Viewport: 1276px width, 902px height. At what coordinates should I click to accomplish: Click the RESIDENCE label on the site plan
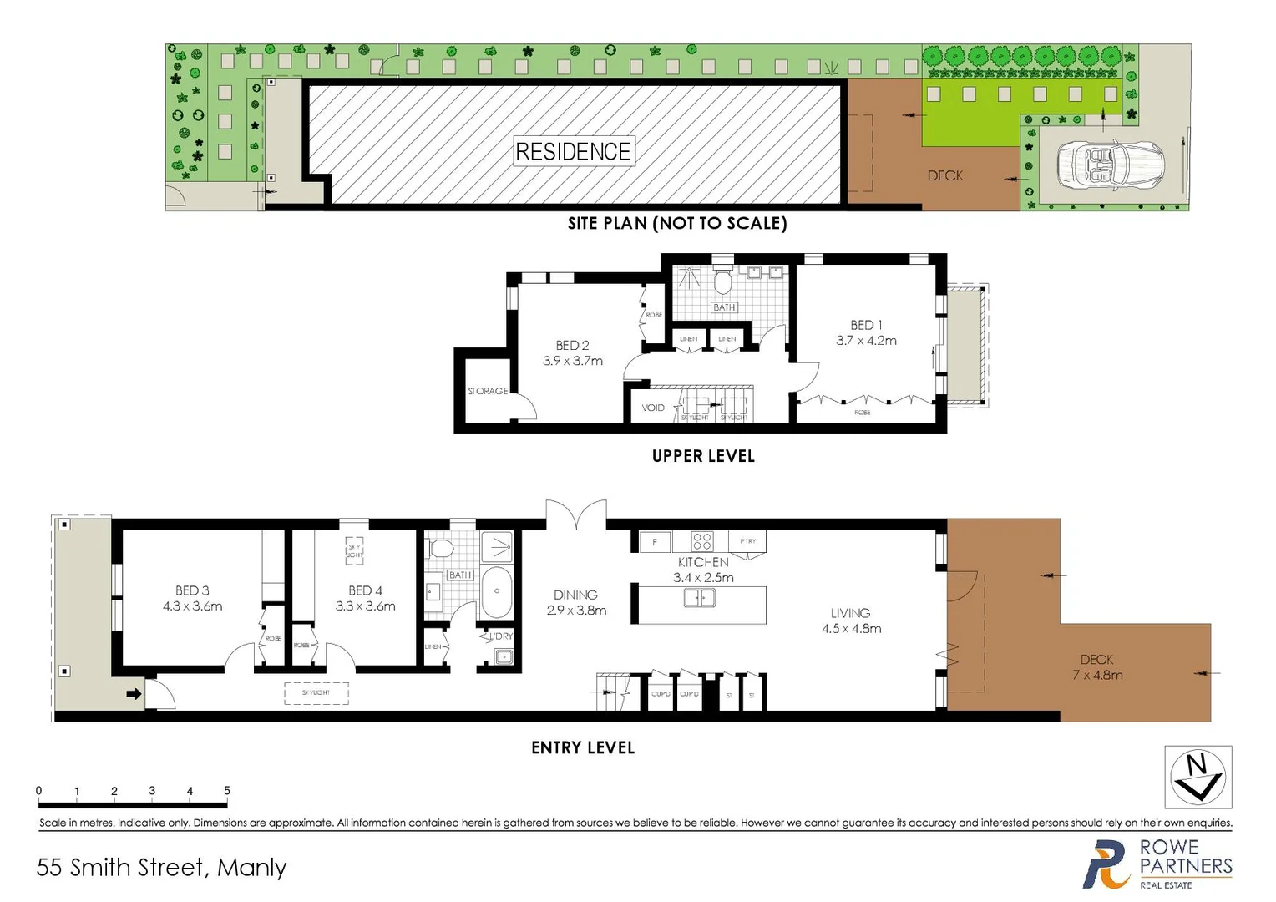pos(574,151)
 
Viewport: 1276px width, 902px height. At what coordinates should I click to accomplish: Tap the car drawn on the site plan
pos(1110,165)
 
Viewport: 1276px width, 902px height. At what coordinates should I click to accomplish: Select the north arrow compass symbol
pos(1198,777)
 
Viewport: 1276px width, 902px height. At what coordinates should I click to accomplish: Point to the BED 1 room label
pos(866,325)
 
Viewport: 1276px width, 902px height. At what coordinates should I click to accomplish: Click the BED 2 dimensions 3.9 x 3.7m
pos(573,361)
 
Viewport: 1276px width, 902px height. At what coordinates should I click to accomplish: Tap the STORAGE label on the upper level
pos(488,391)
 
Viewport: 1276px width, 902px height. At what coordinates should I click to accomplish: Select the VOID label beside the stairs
pos(653,408)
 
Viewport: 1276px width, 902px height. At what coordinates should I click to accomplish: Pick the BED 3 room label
pos(192,590)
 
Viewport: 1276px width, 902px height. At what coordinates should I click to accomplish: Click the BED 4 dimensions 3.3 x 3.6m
pos(365,606)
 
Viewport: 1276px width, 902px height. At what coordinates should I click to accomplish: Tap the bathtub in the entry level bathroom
pos(497,591)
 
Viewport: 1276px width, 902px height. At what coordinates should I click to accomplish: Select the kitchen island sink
pos(699,598)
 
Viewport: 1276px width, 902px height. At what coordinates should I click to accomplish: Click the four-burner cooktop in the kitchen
pos(702,541)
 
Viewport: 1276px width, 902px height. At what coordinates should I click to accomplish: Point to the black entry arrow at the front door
pos(134,694)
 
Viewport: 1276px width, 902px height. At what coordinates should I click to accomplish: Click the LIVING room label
pos(850,613)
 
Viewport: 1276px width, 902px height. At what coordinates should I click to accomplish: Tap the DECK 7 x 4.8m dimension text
pos(1097,675)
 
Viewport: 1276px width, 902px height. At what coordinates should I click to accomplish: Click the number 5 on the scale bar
pos(227,790)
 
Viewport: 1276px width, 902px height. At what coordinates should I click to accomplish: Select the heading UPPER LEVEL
pos(703,456)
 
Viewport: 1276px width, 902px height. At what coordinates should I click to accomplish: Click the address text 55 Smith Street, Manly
pos(161,868)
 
